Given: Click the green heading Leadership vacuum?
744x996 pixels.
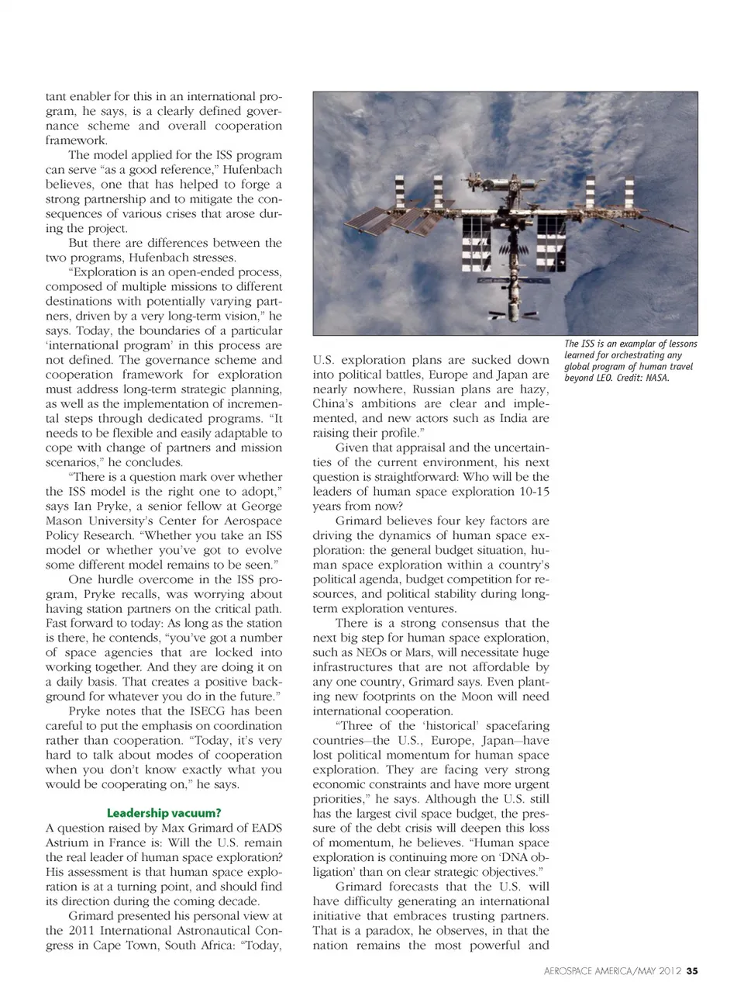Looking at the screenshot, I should click(164, 813).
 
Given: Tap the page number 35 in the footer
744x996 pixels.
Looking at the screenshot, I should click(692, 970).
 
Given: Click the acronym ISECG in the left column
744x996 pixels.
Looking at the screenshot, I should click(203, 711).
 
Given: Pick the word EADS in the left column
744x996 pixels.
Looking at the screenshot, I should click(266, 828).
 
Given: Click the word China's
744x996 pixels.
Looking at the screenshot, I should click(335, 403).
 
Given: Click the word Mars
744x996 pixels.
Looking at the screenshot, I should click(417, 652).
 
